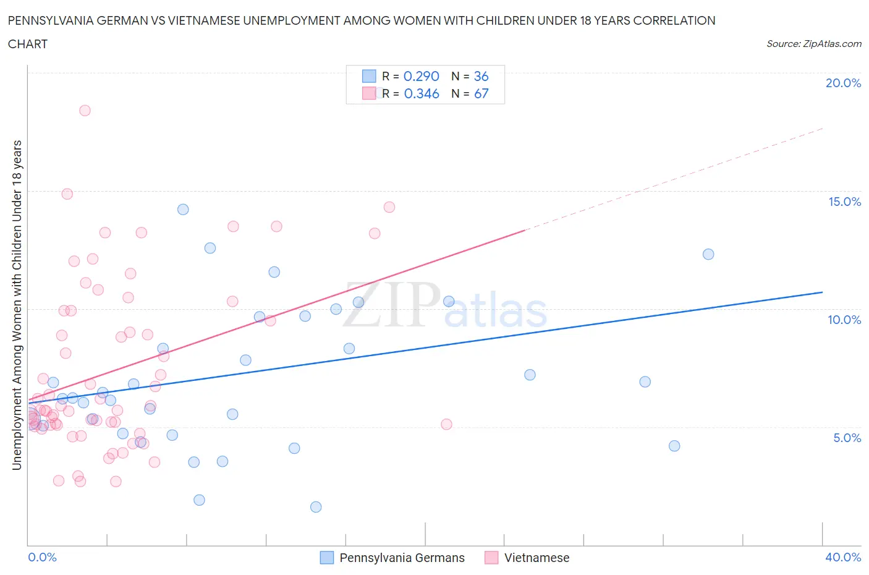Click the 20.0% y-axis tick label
click(843, 83)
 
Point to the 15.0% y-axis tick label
click(844, 202)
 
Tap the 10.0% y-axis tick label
click(844, 320)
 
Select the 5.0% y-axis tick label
click(847, 438)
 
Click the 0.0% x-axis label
click(42, 558)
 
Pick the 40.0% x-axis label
click(843, 558)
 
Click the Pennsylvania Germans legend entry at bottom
click(392, 558)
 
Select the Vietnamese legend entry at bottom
click(527, 558)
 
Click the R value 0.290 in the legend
click(422, 77)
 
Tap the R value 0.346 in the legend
click(422, 93)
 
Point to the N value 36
click(481, 77)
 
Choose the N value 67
click(481, 93)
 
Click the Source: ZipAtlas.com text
click(814, 44)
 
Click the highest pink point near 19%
click(85, 111)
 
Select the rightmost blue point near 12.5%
click(708, 254)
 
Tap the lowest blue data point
click(316, 507)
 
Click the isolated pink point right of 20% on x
click(446, 424)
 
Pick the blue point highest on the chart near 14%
click(183, 210)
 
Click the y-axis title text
click(17, 305)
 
